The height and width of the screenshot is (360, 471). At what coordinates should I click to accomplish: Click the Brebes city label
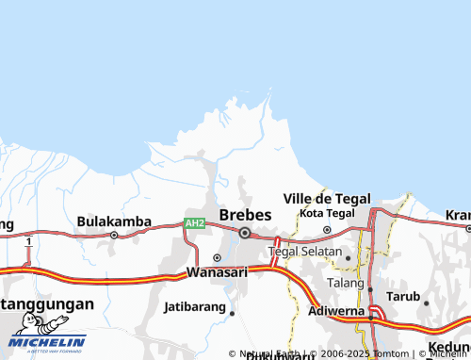tap(245, 215)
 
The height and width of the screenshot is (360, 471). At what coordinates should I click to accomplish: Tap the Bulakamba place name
tap(114, 221)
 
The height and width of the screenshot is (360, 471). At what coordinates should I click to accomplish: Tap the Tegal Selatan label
tap(305, 252)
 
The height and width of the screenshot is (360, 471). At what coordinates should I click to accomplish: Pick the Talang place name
tap(344, 283)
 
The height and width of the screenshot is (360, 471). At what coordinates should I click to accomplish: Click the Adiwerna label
tap(336, 308)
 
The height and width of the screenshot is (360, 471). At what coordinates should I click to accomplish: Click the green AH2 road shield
tap(194, 223)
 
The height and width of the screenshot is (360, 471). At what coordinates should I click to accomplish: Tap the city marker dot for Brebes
tap(245, 233)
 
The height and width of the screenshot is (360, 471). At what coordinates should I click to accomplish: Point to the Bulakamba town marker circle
tap(114, 235)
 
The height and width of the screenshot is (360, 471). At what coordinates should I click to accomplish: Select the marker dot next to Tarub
tap(426, 303)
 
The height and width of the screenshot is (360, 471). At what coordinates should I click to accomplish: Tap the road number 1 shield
tap(29, 242)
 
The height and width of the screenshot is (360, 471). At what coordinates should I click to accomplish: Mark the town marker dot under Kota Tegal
tap(327, 229)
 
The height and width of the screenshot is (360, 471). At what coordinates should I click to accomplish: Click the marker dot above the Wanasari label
tap(217, 257)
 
